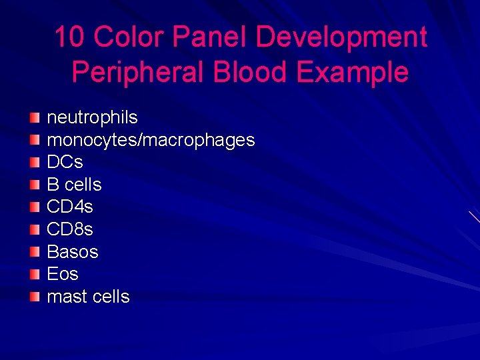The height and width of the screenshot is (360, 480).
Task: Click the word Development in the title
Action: click(341, 37)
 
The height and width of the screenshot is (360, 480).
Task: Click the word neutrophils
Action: click(92, 117)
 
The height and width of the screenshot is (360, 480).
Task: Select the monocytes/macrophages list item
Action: click(151, 140)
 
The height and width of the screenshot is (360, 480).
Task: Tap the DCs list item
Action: click(65, 162)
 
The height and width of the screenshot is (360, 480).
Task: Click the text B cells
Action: click(74, 185)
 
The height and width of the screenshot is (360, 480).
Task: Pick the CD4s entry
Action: click(70, 207)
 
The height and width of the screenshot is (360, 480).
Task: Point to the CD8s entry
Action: click(70, 229)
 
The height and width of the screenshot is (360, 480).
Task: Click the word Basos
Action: click(72, 252)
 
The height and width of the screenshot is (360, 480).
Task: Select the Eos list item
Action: click(63, 274)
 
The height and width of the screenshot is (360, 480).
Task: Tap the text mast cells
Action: click(88, 297)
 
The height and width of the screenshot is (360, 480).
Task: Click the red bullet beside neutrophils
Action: click(35, 117)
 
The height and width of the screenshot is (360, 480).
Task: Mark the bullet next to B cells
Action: click(35, 185)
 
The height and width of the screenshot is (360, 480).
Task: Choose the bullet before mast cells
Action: click(35, 297)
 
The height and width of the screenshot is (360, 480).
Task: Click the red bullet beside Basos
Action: click(35, 252)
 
